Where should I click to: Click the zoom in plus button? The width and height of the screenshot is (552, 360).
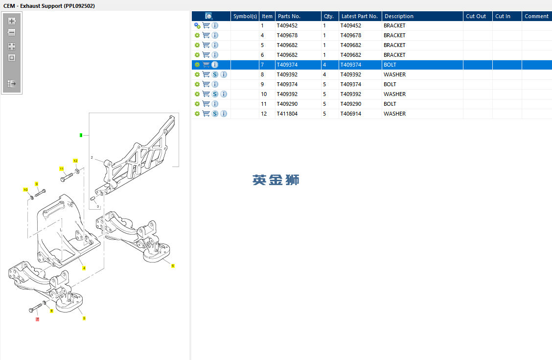pyautogui.click(x=12, y=21)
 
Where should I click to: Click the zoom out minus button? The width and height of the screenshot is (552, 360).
pyautogui.click(x=12, y=32)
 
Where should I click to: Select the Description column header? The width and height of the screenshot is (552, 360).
pyautogui.click(x=399, y=16)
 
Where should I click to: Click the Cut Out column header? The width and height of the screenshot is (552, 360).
pyautogui.click(x=476, y=16)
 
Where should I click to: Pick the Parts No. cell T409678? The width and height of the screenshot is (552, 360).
pyautogui.click(x=287, y=35)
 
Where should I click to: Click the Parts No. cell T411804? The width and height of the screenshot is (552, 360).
pyautogui.click(x=287, y=114)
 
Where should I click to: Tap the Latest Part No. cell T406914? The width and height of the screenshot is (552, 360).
pyautogui.click(x=351, y=114)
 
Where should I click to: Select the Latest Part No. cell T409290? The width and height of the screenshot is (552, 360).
pyautogui.click(x=351, y=104)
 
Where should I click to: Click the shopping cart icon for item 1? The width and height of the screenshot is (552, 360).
pyautogui.click(x=206, y=25)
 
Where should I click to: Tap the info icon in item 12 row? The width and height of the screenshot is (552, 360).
pyautogui.click(x=224, y=114)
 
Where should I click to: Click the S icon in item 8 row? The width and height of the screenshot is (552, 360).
pyautogui.click(x=215, y=74)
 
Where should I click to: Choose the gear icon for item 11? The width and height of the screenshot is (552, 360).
pyautogui.click(x=197, y=104)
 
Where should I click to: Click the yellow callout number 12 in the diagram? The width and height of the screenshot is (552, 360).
pyautogui.click(x=75, y=161)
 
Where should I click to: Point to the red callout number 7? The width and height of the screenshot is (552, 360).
pyautogui.click(x=37, y=319)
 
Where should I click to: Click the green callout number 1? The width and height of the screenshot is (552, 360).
pyautogui.click(x=81, y=135)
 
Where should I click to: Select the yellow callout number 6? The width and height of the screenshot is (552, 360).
pyautogui.click(x=173, y=266)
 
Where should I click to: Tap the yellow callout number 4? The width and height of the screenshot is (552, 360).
pyautogui.click(x=84, y=268)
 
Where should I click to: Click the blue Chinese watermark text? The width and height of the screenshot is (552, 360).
pyautogui.click(x=276, y=180)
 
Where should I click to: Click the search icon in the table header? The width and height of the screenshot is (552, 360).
pyautogui.click(x=209, y=16)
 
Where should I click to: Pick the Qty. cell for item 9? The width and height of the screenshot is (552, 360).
pyautogui.click(x=324, y=84)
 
